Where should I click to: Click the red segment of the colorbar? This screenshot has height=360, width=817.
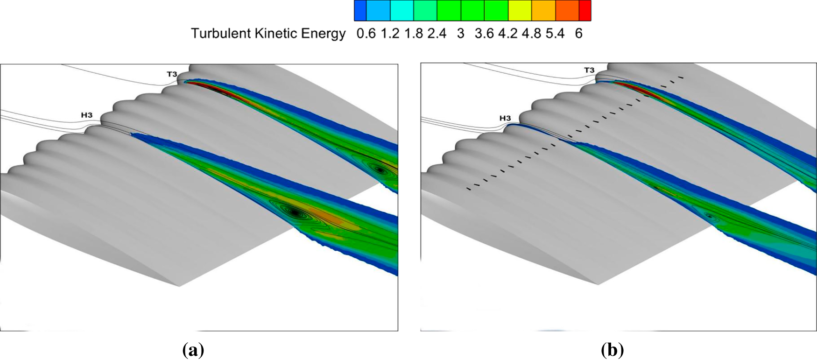point(585,10)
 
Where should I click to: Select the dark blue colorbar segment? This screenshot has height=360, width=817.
point(360,10)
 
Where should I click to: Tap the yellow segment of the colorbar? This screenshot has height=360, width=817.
point(520,10)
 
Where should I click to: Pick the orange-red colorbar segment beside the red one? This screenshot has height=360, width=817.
point(567,10)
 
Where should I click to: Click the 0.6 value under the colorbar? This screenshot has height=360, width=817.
point(366,34)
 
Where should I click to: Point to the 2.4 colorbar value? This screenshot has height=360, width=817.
point(437,34)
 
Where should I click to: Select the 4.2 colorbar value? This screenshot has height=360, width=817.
point(508,34)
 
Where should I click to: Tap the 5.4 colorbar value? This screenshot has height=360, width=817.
point(555,34)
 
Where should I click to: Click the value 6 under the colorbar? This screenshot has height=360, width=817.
point(579,34)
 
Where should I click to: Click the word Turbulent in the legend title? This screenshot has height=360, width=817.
point(220,34)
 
